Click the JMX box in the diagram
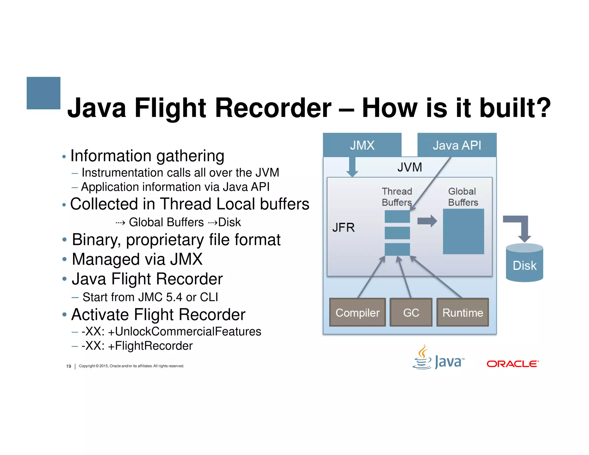(x=362, y=145)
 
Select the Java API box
(x=457, y=145)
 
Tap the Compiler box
(x=357, y=312)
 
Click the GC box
(x=411, y=312)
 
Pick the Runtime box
(x=462, y=312)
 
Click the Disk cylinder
(x=524, y=263)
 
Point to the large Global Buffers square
(x=463, y=232)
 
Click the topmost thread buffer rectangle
(x=397, y=216)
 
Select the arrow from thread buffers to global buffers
(x=427, y=221)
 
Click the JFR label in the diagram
(x=343, y=227)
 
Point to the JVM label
(x=410, y=167)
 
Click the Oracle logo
(x=512, y=364)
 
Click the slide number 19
(x=68, y=366)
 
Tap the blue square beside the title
(x=43, y=93)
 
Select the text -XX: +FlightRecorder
(x=137, y=346)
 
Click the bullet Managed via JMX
(x=137, y=259)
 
